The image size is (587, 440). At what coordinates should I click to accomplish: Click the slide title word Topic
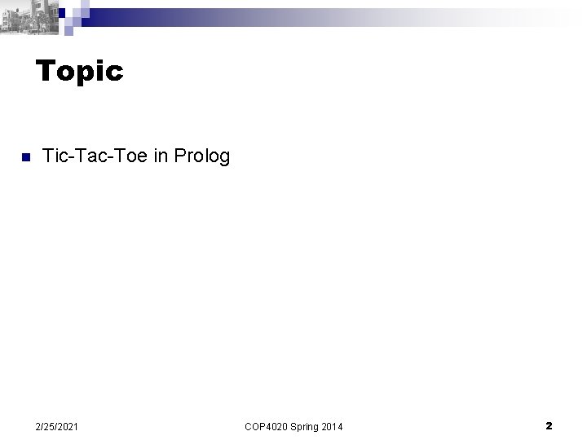pyautogui.click(x=80, y=73)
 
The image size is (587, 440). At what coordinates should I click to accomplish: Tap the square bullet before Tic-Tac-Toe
pyautogui.click(x=25, y=156)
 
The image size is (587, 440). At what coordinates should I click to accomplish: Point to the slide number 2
pyautogui.click(x=549, y=425)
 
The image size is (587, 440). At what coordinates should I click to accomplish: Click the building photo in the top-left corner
pyautogui.click(x=30, y=15)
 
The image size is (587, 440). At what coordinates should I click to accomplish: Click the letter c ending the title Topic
pyautogui.click(x=115, y=74)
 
